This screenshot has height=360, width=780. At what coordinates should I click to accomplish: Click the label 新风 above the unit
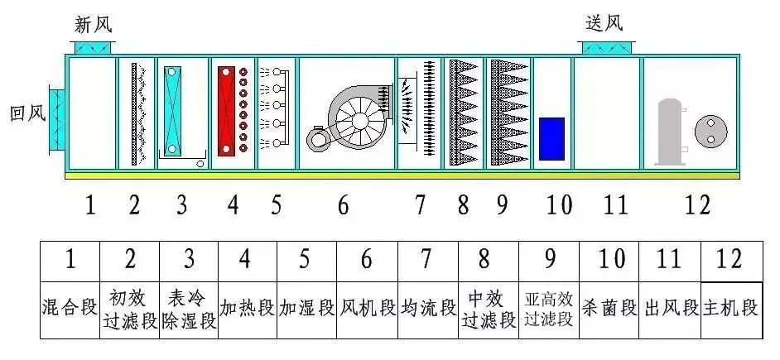tap(92, 24)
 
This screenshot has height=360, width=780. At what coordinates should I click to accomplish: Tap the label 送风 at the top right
tap(603, 24)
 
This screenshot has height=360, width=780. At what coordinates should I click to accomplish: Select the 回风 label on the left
tap(26, 113)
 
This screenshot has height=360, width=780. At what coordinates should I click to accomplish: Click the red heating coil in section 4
tap(226, 111)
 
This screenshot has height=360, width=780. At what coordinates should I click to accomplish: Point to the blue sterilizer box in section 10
tap(551, 138)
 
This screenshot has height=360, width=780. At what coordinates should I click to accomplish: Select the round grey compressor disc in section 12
tap(710, 129)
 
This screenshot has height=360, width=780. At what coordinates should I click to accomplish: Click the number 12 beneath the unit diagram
tap(697, 204)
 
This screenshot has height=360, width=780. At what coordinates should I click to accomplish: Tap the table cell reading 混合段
tap(70, 309)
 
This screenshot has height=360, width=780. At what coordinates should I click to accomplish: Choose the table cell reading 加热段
tap(246, 309)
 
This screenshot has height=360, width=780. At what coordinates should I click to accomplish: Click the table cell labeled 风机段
tap(368, 309)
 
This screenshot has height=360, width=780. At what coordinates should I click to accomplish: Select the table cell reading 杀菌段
tap(609, 309)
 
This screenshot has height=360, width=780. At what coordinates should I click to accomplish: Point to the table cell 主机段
tap(730, 309)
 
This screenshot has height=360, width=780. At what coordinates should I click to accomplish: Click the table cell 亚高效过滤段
tap(549, 309)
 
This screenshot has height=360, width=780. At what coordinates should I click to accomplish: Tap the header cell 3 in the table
tap(189, 259)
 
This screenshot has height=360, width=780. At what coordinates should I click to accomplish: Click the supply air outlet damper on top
tap(608, 47)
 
